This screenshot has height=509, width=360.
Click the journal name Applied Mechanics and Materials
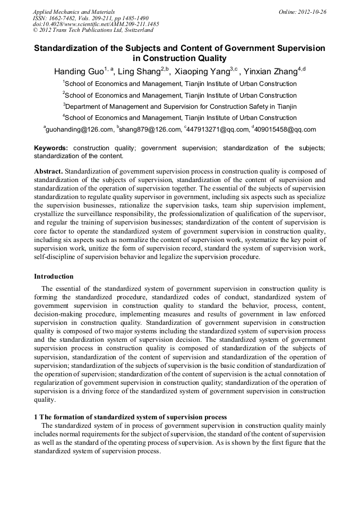(x=74, y=11)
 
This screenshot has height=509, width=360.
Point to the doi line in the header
(x=96, y=24)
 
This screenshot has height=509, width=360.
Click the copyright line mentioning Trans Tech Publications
(x=93, y=30)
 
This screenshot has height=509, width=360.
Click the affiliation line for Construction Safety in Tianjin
(x=179, y=106)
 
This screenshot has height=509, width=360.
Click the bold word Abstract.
(x=48, y=171)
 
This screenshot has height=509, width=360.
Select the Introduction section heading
(x=54, y=277)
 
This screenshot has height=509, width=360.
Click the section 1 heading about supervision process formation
(x=130, y=417)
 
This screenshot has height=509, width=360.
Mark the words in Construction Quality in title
(x=179, y=58)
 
